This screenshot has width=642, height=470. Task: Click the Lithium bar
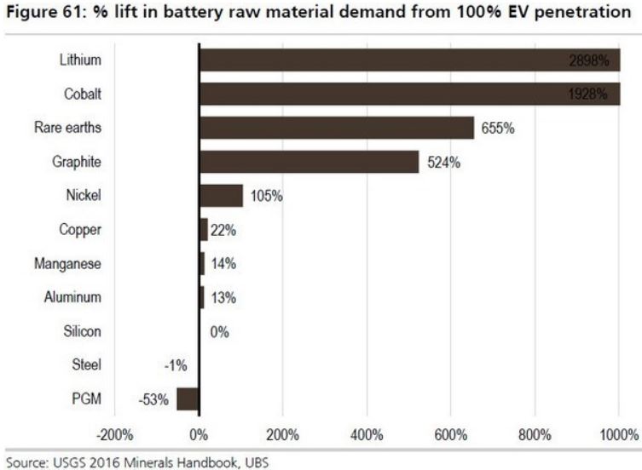(409, 60)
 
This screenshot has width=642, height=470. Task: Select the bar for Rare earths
(336, 128)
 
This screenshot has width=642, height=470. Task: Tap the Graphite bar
(309, 162)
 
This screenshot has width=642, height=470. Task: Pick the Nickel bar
(221, 195)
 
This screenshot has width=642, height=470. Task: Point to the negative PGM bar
(188, 398)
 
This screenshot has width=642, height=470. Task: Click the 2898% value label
(591, 60)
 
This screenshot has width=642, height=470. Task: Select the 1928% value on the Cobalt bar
(591, 95)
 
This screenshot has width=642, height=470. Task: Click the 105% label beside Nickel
(267, 196)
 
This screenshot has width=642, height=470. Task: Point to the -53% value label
(154, 398)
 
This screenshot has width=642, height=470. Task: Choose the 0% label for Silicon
(220, 331)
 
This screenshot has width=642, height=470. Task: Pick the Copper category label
(80, 230)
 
